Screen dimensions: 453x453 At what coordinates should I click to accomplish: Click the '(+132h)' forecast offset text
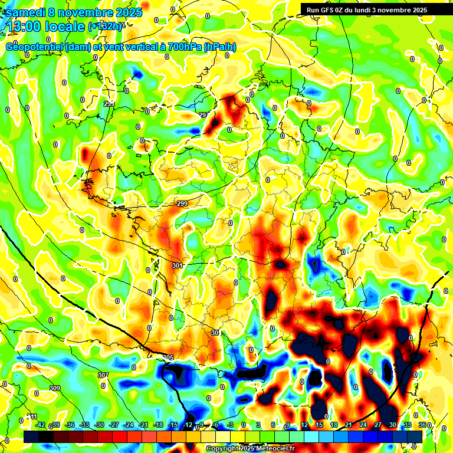(x=106, y=26)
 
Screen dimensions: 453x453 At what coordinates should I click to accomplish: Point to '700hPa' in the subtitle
(x=183, y=47)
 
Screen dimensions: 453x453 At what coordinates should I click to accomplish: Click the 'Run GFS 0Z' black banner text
(x=330, y=10)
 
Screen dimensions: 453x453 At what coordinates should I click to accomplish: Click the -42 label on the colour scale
(x=40, y=425)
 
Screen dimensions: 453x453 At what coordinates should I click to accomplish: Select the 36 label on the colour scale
(x=422, y=425)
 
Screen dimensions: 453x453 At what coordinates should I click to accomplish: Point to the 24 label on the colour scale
(x=363, y=425)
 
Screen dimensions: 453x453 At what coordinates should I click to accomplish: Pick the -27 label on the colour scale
(x=114, y=425)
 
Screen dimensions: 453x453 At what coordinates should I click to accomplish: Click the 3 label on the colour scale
(x=258, y=425)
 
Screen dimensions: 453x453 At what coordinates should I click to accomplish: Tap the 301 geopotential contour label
(x=177, y=266)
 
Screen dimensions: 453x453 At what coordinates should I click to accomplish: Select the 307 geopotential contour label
(x=103, y=375)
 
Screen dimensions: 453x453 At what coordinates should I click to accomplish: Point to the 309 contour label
(x=55, y=388)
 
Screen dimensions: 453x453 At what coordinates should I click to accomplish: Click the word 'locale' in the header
(x=65, y=27)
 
